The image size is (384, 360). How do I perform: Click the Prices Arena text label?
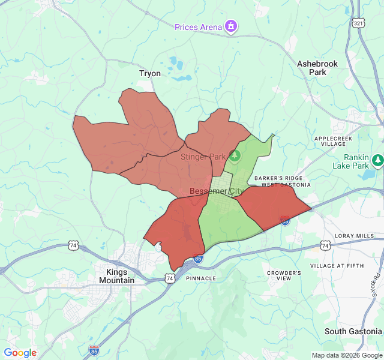point(197,27)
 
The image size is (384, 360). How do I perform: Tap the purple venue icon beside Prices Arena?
point(231,26)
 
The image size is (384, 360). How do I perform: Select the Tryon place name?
point(150,73)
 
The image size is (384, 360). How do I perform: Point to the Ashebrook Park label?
point(317,68)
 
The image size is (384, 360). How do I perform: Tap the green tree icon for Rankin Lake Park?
point(377,160)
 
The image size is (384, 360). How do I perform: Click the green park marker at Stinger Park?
point(235,157)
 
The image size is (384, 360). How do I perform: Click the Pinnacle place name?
point(201,278)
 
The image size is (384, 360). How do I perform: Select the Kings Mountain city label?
point(116,276)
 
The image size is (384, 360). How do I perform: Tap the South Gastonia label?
point(353,331)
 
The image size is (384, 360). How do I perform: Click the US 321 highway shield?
point(358,23)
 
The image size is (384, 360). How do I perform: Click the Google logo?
point(20,353)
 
